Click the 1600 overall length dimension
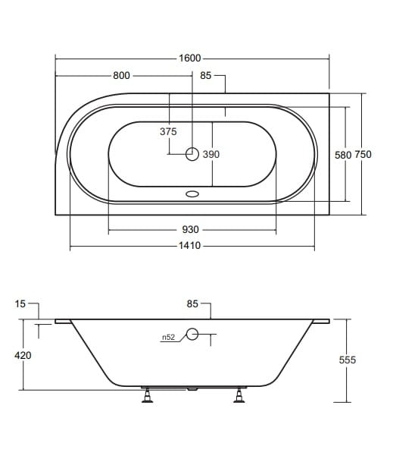[x=189, y=58]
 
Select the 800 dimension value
[x=121, y=76]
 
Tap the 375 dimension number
[x=168, y=131]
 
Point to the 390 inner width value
[x=211, y=154]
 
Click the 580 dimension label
[x=343, y=155]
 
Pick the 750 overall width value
[x=363, y=154]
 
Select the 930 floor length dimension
[x=191, y=229]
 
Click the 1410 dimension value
[x=189, y=245]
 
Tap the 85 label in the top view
[x=205, y=76]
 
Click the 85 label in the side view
[x=192, y=304]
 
